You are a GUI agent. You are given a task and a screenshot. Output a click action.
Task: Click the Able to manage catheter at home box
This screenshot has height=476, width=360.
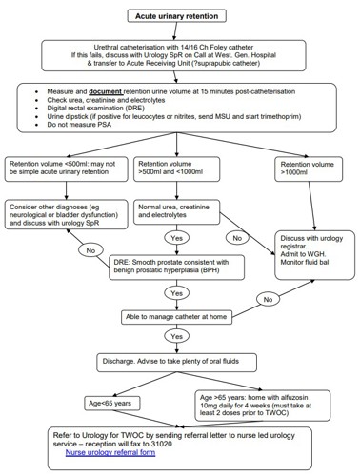(x=176, y=315)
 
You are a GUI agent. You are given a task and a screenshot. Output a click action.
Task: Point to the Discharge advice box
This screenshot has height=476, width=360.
(x=176, y=363)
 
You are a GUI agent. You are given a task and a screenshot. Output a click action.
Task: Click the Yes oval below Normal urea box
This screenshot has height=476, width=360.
(x=176, y=237)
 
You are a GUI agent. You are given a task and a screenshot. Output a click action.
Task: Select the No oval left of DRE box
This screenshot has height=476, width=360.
(x=90, y=250)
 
